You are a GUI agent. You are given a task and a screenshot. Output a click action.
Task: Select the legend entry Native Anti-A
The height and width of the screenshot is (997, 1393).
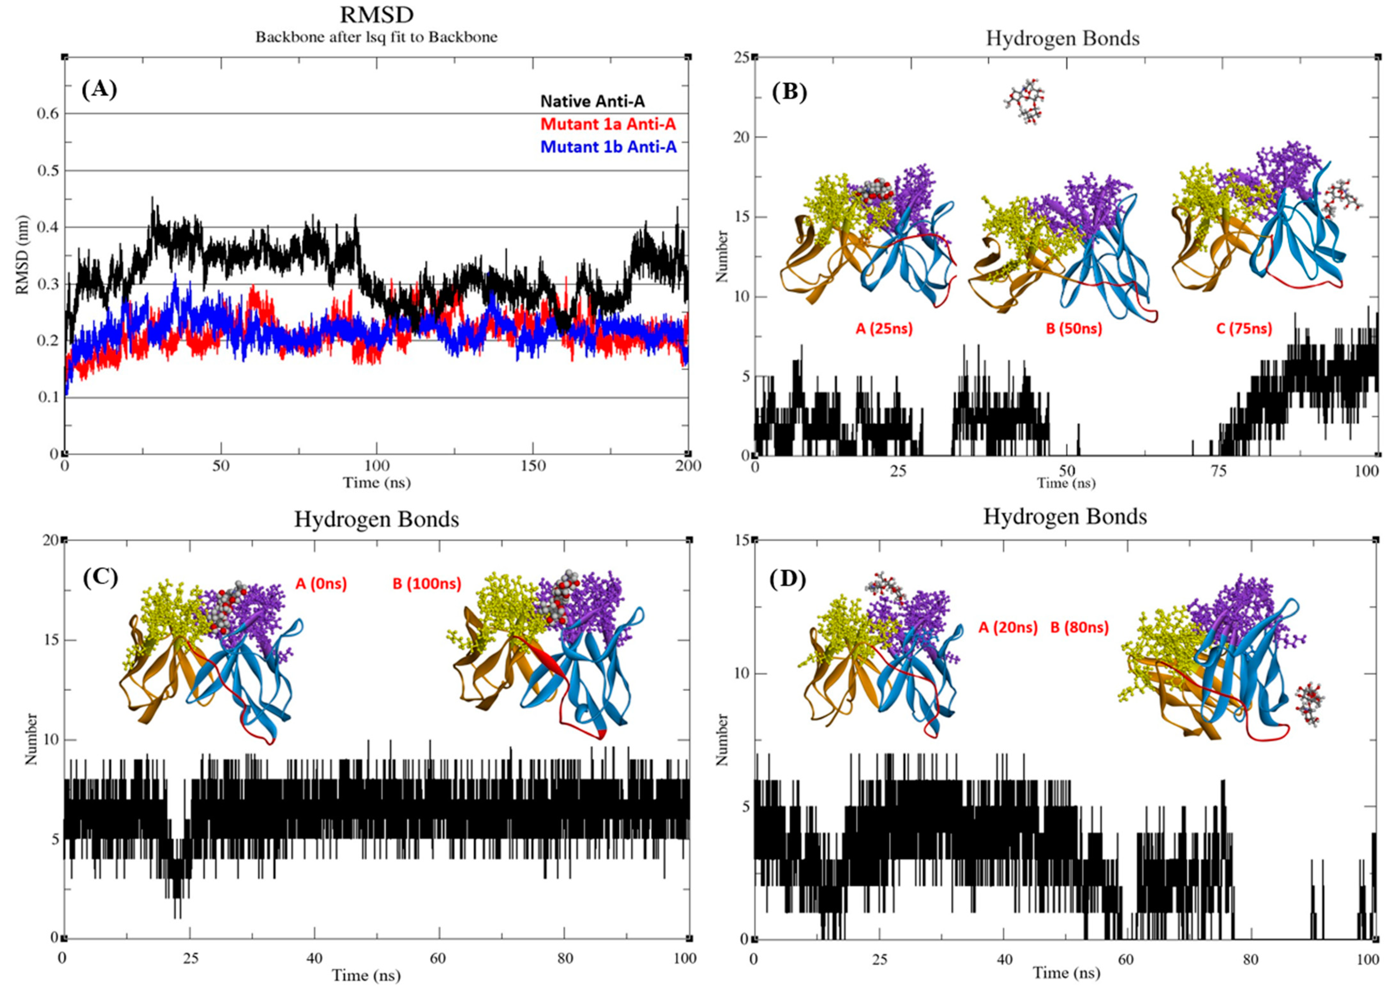pos(592,101)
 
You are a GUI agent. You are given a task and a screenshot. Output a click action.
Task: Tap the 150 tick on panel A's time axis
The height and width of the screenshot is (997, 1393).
pos(532,466)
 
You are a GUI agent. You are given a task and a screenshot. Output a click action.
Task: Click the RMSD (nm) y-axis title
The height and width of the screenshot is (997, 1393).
pos(23,255)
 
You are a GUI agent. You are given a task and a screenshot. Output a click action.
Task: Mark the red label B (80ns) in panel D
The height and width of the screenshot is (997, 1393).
pos(1079,628)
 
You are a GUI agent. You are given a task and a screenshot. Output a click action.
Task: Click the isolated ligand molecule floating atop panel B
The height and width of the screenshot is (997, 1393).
pos(1025,102)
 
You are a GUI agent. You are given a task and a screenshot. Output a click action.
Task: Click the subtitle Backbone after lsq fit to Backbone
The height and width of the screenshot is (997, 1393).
pos(377,37)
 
